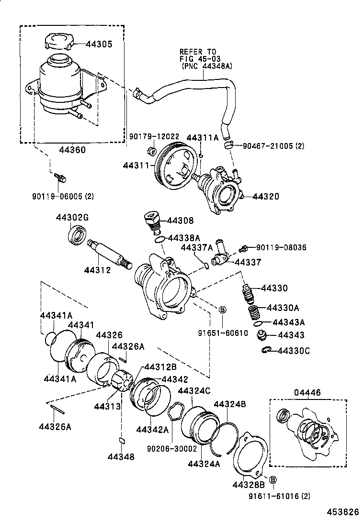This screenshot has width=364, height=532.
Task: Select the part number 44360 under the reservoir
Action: coord(72,150)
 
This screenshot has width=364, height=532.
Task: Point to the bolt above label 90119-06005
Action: coord(60,177)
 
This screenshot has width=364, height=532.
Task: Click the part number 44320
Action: coord(265,196)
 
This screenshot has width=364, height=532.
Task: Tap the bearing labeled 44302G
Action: coord(76,235)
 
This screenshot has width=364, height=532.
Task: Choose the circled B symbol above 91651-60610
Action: coord(222,310)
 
